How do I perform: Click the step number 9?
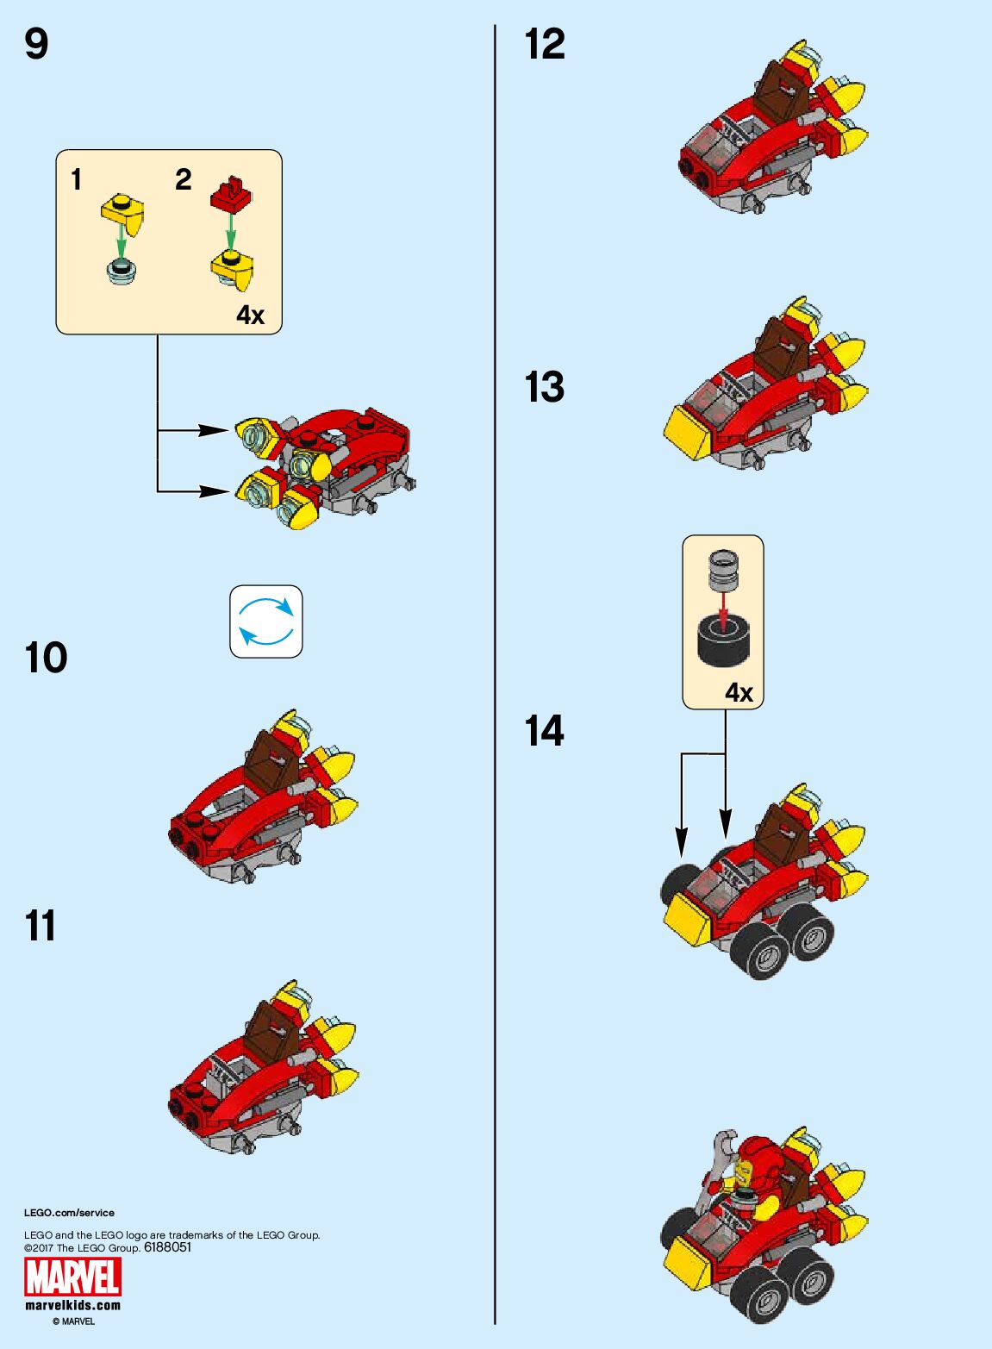click(x=36, y=44)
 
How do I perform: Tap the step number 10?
click(x=46, y=659)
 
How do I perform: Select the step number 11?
click(x=41, y=927)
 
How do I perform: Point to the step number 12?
click(x=545, y=44)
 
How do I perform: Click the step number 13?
click(x=545, y=387)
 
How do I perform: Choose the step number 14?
click(x=545, y=731)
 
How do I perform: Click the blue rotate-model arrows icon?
click(x=266, y=621)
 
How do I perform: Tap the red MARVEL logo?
click(x=72, y=1277)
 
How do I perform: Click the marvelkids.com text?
click(x=72, y=1305)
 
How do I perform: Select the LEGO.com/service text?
click(x=69, y=1213)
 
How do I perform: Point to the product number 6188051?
click(x=168, y=1247)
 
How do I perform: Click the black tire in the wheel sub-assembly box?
click(x=722, y=640)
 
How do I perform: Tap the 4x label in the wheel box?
click(x=739, y=692)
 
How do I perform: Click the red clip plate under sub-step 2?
click(x=230, y=194)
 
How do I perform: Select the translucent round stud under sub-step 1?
click(x=122, y=270)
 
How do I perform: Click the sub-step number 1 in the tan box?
click(x=77, y=179)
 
